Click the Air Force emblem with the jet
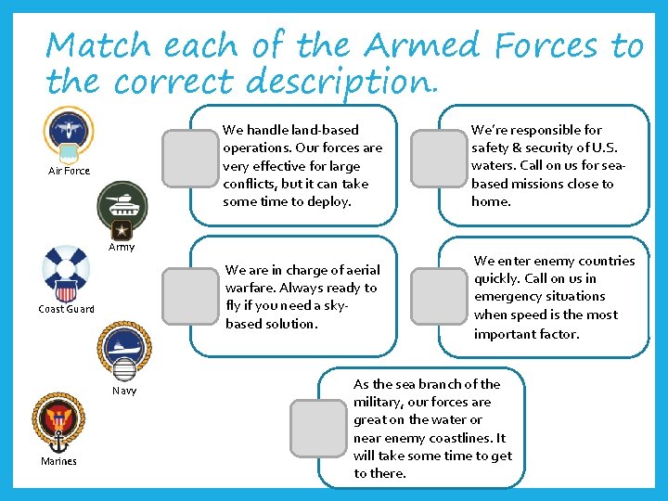[x=69, y=133]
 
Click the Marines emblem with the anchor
[x=58, y=423]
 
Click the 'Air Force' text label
[x=70, y=171]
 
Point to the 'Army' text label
[x=122, y=248]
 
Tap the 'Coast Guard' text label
[x=66, y=309]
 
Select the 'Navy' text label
[x=124, y=391]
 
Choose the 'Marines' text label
[x=58, y=461]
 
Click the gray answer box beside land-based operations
[x=188, y=158]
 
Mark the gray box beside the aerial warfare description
[x=188, y=296]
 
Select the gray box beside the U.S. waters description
[x=438, y=158]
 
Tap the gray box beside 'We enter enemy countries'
[x=438, y=296]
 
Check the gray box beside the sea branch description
[x=317, y=428]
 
